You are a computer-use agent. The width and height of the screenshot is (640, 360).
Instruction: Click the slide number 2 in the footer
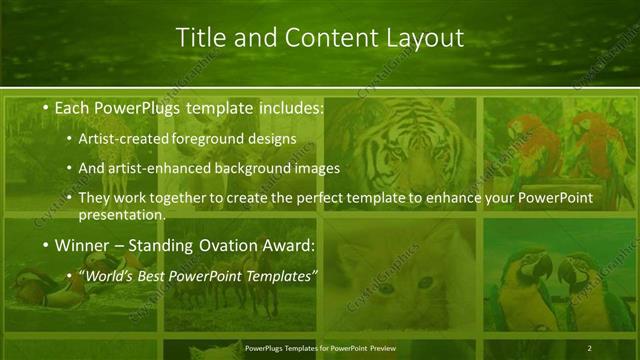589,348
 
